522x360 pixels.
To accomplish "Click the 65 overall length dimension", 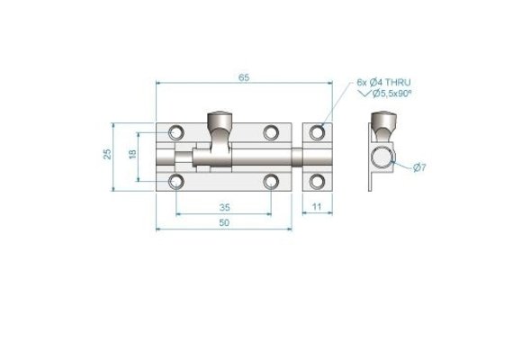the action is (x=244, y=77).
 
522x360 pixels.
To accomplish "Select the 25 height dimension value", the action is (x=107, y=154).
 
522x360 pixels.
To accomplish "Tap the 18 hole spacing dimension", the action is (x=133, y=154).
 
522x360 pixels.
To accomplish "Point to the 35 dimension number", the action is (x=225, y=208).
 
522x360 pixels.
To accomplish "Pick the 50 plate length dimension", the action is (x=224, y=223).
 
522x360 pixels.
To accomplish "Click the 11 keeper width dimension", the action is (x=317, y=207).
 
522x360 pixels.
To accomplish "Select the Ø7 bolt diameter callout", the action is (x=419, y=167).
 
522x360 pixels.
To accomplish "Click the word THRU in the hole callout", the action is (x=398, y=82).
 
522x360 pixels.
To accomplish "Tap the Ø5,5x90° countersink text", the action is (x=392, y=94).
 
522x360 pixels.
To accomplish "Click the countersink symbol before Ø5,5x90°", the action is (x=364, y=94).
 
